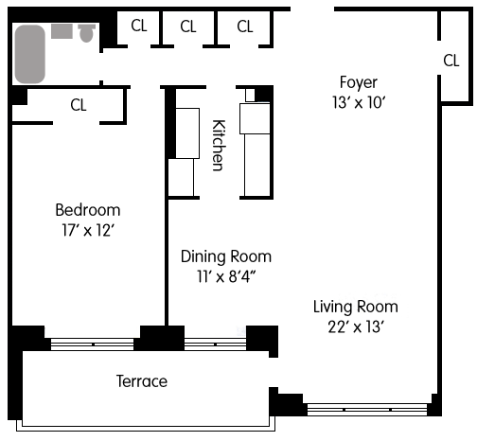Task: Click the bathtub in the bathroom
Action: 30,54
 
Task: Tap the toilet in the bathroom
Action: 86,33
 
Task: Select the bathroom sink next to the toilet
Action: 62,31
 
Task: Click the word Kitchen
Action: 219,145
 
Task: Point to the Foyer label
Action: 359,83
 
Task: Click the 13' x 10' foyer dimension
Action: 359,102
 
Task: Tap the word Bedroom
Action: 88,210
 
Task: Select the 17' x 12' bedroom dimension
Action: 88,230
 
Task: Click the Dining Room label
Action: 226,256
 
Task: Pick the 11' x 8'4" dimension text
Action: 226,276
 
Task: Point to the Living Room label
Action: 356,308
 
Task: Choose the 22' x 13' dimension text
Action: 356,327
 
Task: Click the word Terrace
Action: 142,381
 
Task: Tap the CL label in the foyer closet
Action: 451,61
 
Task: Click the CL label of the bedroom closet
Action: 79,105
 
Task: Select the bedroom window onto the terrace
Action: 92,344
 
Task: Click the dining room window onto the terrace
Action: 215,344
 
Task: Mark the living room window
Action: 367,410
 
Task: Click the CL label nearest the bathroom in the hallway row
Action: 139,26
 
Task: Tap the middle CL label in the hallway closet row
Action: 188,26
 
